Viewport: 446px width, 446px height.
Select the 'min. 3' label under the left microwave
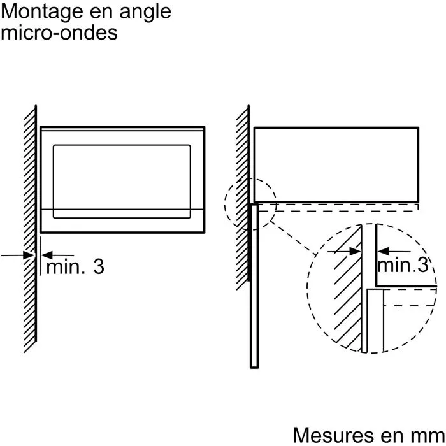pyautogui.click(x=75, y=267)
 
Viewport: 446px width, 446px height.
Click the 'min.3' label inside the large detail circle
pyautogui.click(x=403, y=265)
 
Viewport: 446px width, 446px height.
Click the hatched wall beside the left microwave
pyautogui.click(x=29, y=191)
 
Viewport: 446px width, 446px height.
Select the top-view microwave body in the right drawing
pyautogui.click(x=336, y=164)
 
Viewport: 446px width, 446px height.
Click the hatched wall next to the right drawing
pyautogui.click(x=242, y=191)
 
